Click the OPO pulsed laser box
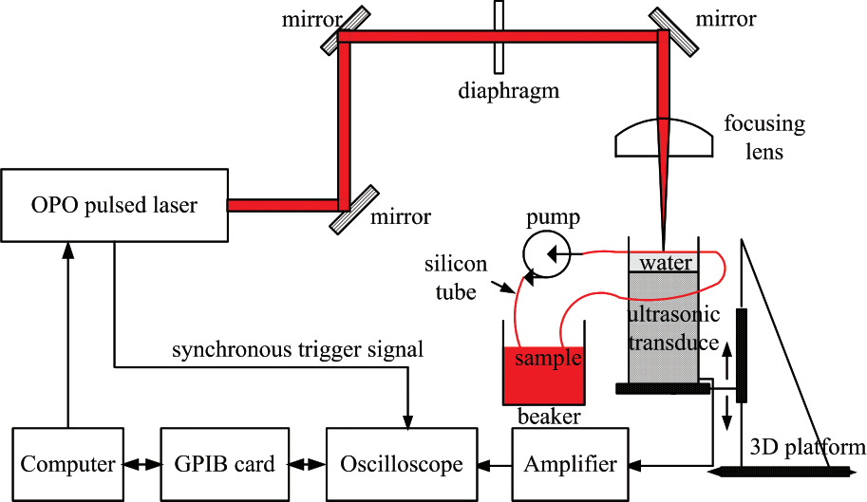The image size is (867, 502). point(113,204)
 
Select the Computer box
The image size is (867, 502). point(68,464)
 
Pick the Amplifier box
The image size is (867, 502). point(571,464)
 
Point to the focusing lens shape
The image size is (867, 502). point(664,139)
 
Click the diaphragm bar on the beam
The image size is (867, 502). point(498,36)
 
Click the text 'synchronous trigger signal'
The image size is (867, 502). point(297,350)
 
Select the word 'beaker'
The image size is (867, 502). point(549,417)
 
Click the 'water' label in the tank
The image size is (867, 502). point(666,262)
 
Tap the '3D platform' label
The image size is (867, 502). point(808,447)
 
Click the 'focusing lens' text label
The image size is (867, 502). point(763,137)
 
